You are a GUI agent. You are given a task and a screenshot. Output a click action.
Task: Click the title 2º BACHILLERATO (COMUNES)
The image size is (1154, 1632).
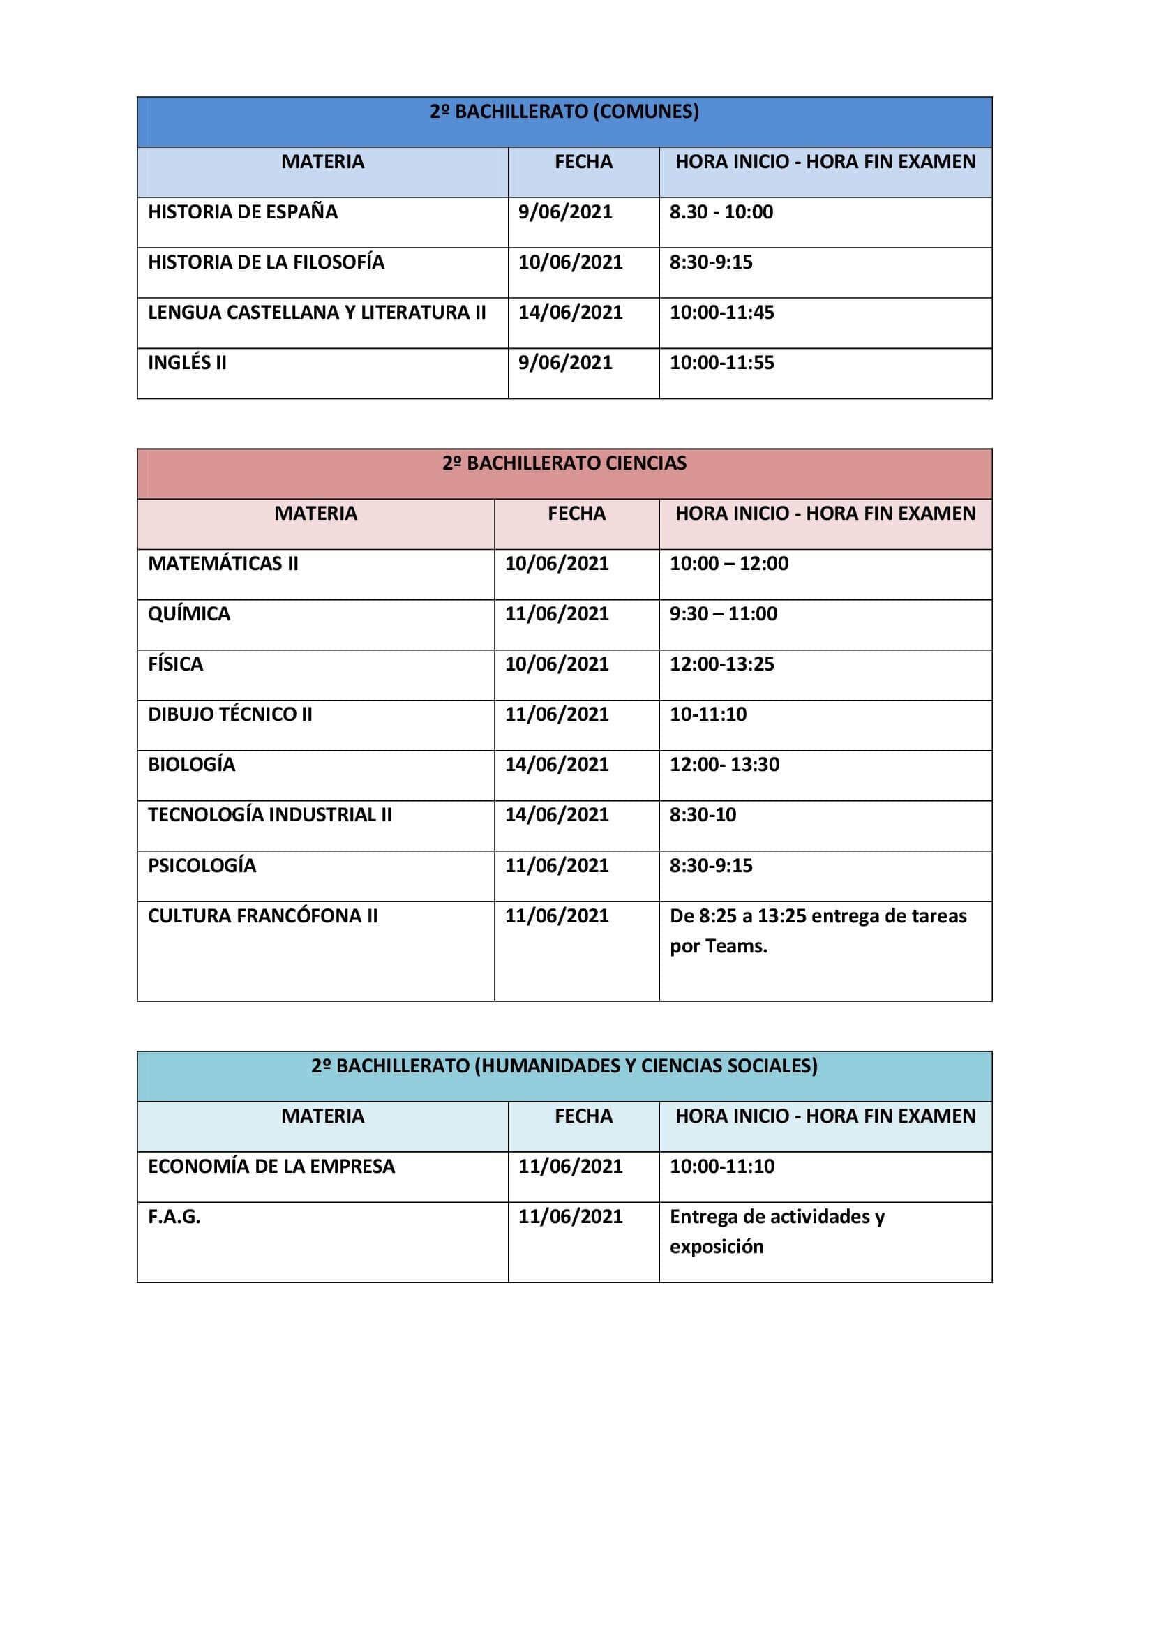point(564,112)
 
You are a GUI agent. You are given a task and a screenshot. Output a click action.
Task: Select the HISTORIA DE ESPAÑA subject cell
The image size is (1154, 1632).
point(242,212)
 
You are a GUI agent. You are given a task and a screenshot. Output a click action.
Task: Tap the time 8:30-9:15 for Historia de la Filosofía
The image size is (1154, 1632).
point(710,262)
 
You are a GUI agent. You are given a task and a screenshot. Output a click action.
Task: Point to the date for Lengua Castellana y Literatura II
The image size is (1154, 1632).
point(570,313)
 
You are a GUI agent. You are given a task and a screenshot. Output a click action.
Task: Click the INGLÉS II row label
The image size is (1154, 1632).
point(187,364)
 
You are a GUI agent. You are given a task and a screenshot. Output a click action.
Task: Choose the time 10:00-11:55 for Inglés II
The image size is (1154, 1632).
point(721,364)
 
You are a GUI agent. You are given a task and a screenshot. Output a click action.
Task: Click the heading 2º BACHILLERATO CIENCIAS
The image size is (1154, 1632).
point(564,463)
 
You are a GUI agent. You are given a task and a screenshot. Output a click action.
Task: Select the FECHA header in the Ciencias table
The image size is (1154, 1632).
point(576,514)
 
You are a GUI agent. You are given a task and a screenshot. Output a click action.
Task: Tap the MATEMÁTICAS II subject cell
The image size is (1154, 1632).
point(223,564)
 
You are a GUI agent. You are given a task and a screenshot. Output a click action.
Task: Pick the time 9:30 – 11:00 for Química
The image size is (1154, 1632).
point(723,614)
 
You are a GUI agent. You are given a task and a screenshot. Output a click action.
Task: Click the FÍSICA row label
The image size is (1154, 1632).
point(176,665)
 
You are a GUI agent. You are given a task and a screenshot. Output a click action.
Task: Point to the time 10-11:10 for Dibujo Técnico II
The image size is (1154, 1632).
point(707,714)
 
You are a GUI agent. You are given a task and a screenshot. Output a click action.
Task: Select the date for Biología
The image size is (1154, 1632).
point(556,765)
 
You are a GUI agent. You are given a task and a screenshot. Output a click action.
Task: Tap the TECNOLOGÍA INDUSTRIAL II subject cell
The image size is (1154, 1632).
point(269,815)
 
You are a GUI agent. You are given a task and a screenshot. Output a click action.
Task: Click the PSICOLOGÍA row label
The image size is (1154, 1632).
point(202,866)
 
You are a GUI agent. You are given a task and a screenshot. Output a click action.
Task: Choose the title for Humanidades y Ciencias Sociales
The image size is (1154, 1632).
point(564,1066)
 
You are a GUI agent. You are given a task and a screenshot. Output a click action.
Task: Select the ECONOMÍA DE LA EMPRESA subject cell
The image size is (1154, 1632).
point(271,1167)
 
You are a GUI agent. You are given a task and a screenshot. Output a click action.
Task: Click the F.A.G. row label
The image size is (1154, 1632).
point(174,1217)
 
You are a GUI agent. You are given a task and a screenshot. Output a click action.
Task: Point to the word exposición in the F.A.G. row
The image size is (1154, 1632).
point(717,1248)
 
